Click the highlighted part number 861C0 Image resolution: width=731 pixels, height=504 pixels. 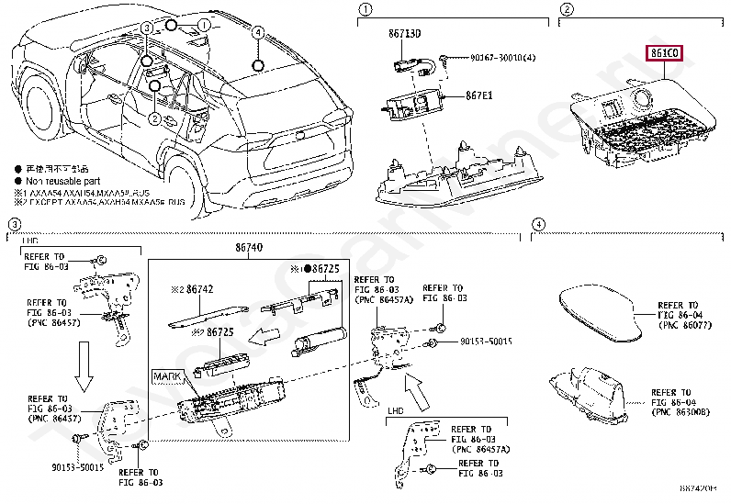[x=664, y=53]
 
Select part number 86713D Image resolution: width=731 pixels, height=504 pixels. [x=404, y=33]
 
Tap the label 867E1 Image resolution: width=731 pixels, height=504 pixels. [x=478, y=94]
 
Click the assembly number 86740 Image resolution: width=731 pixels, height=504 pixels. [x=247, y=247]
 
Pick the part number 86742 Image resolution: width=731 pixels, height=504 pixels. [x=197, y=289]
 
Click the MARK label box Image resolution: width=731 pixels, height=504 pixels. [x=168, y=376]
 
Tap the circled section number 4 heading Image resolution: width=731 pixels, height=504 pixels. [x=538, y=224]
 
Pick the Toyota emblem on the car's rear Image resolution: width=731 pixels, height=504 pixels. [x=299, y=138]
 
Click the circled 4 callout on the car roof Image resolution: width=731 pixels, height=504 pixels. [x=259, y=65]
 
